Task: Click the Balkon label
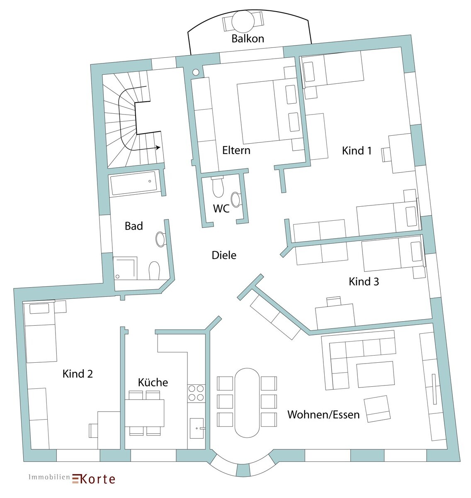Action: click(x=248, y=39)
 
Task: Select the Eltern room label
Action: click(x=236, y=150)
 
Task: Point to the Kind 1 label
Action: click(x=357, y=151)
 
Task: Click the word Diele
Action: click(x=224, y=255)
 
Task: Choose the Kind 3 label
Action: click(x=364, y=281)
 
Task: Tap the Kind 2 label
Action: click(x=78, y=373)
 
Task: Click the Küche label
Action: click(x=153, y=382)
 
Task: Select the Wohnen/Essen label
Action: click(x=323, y=415)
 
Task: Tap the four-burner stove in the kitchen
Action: click(x=196, y=393)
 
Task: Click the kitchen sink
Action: click(x=197, y=428)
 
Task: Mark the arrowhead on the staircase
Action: click(x=158, y=147)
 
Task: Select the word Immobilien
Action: click(x=49, y=477)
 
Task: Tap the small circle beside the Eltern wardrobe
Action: click(x=196, y=72)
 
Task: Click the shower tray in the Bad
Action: click(x=125, y=269)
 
